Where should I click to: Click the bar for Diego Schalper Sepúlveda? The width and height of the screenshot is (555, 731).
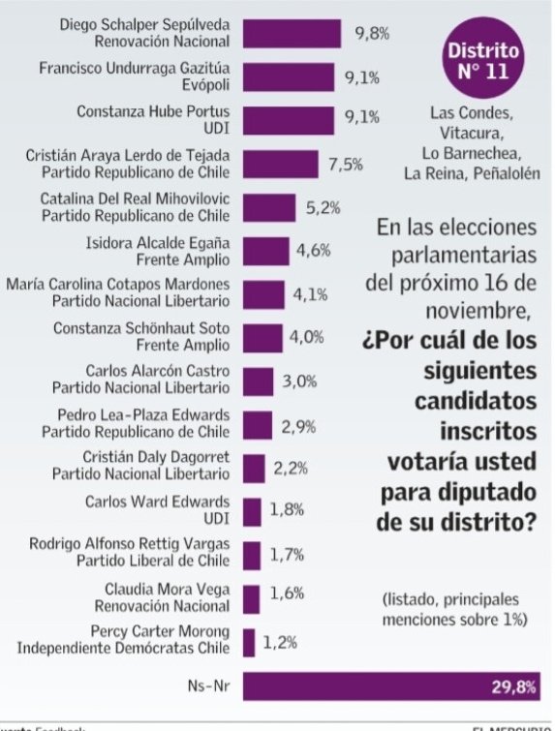[292, 33]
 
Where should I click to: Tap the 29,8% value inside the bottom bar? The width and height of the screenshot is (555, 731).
[517, 686]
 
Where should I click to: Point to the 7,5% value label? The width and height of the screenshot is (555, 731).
[345, 165]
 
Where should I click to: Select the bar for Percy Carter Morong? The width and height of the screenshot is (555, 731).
[249, 642]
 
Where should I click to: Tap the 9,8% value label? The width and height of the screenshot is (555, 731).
[371, 34]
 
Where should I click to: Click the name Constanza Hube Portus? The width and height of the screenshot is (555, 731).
[153, 111]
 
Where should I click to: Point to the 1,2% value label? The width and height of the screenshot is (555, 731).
[281, 642]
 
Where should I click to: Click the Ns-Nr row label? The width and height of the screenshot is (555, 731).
[207, 686]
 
